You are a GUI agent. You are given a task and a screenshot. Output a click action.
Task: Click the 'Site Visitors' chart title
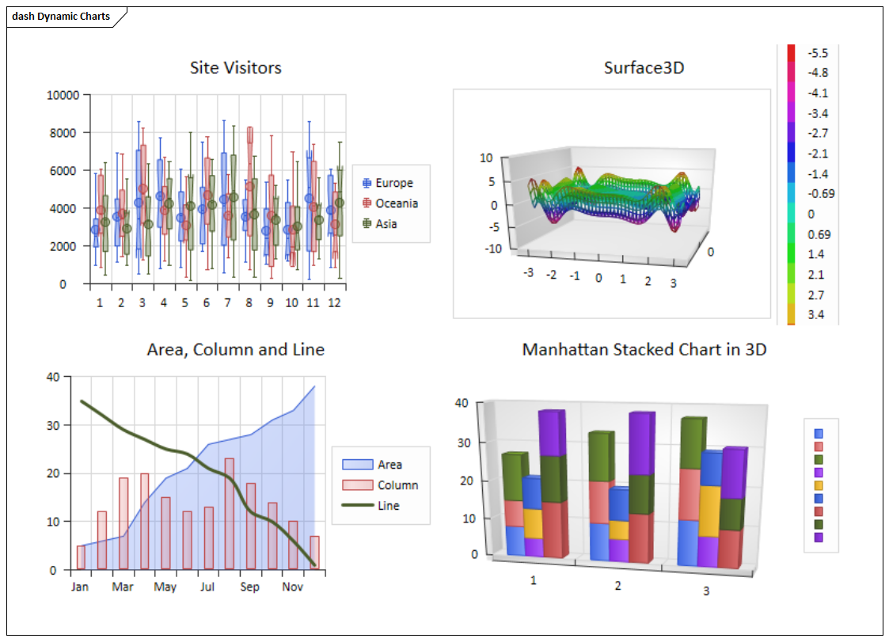tap(235, 68)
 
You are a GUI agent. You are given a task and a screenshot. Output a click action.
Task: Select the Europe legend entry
tap(393, 183)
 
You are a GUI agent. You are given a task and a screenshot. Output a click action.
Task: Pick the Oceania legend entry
tap(397, 203)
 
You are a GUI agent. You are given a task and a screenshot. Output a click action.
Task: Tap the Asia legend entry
tap(386, 224)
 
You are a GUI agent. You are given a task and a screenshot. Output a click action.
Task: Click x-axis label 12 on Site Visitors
tap(334, 303)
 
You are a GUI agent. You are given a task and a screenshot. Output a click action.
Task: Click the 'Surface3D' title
tap(644, 68)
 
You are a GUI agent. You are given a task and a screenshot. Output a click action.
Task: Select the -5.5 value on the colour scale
tap(818, 53)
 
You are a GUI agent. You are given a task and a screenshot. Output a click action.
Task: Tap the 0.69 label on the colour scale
tap(818, 234)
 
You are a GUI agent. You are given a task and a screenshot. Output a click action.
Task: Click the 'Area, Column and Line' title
tap(235, 350)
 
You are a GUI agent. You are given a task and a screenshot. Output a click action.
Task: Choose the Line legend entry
tap(388, 506)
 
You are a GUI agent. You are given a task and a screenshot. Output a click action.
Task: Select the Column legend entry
tap(397, 485)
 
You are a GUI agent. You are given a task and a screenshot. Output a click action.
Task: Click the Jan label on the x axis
tap(80, 587)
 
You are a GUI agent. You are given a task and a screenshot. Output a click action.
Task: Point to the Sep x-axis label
tap(249, 587)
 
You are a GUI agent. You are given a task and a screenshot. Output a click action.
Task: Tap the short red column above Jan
tap(81, 557)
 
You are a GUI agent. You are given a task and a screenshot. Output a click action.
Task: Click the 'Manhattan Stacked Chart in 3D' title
tap(644, 350)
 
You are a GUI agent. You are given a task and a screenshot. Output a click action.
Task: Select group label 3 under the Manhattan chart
tap(706, 591)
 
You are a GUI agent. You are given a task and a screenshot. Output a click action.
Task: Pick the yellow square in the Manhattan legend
tap(819, 485)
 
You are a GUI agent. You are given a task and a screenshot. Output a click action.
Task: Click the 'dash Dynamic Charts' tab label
tap(61, 16)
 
